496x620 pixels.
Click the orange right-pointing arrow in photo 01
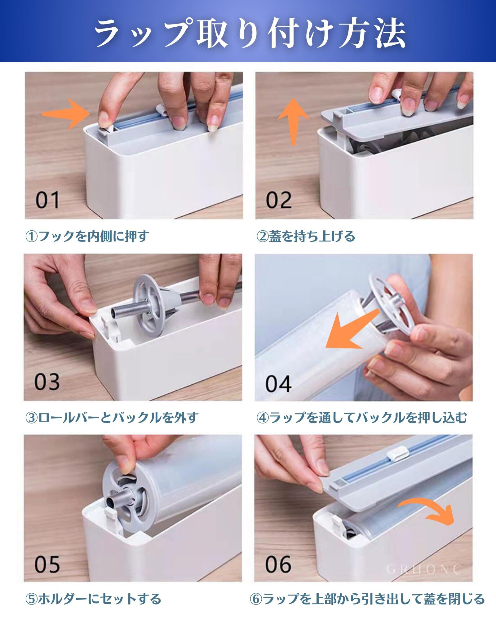(66, 114)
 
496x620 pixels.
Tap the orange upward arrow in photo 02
(293, 122)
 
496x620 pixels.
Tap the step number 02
(279, 200)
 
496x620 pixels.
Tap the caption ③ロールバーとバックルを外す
(112, 418)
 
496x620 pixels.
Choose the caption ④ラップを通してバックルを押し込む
(361, 418)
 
